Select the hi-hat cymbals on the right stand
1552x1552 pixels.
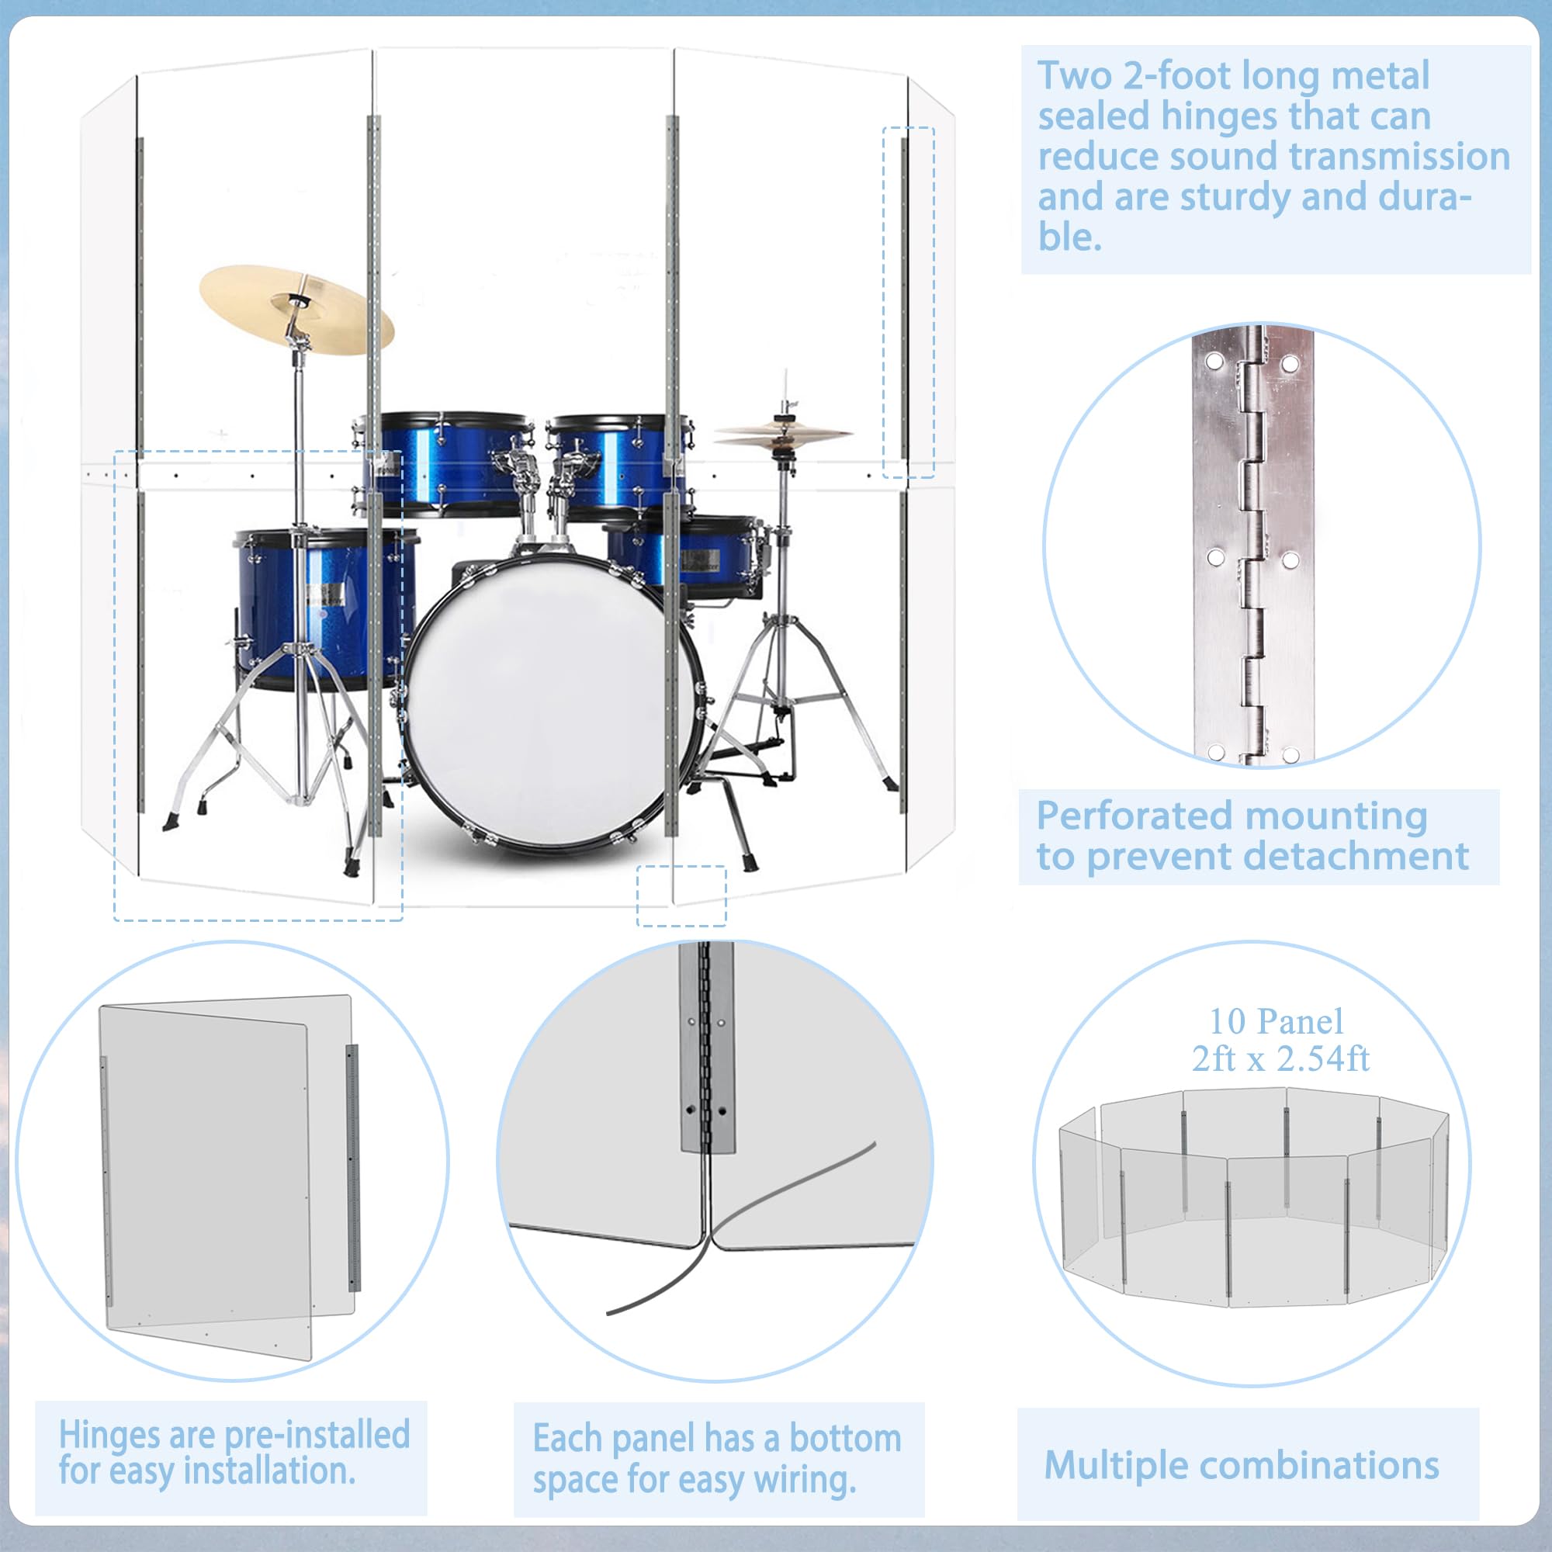point(783,435)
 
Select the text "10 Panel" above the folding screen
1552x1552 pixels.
point(1277,1022)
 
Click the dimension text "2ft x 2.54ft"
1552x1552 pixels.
point(1280,1058)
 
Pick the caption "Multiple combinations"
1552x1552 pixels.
point(1241,1464)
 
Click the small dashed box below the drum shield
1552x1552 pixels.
point(681,896)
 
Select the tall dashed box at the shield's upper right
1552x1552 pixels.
point(909,302)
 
